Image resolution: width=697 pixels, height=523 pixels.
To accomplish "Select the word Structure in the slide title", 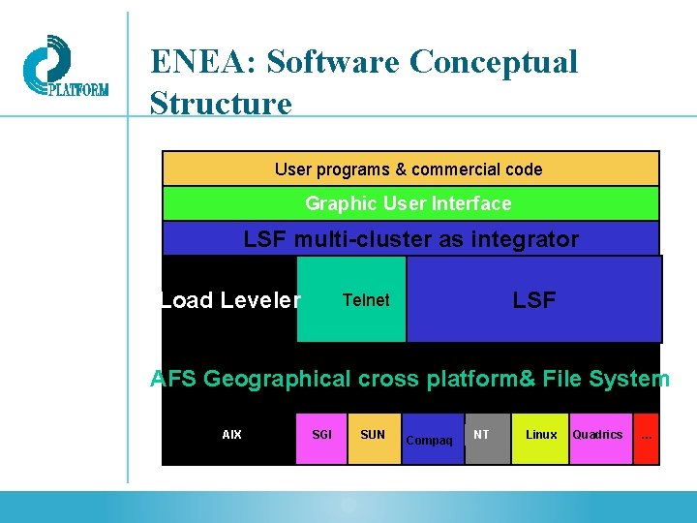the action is click(221, 103).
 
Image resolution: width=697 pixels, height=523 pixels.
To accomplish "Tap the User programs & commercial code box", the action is click(409, 169).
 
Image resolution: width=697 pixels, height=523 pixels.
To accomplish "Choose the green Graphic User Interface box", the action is click(409, 203).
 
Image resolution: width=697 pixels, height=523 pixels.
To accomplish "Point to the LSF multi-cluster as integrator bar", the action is click(410, 239).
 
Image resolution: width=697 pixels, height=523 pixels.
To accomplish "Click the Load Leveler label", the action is click(230, 300).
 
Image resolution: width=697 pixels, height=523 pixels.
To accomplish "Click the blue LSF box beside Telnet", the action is click(534, 300).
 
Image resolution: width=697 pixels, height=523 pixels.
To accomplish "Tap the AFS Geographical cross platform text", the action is click(409, 379).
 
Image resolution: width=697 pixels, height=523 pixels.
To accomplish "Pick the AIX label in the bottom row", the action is click(232, 435).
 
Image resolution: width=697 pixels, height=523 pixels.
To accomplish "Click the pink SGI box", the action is click(321, 435).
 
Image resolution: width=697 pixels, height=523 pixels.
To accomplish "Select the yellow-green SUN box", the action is click(373, 435).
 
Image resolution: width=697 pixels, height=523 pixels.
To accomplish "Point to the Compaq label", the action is click(429, 441).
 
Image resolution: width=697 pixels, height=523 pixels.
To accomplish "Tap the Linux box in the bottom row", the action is click(540, 435).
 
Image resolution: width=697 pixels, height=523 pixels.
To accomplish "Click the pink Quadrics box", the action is click(598, 435).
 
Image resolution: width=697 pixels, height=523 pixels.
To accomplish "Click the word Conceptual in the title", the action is click(494, 62).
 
